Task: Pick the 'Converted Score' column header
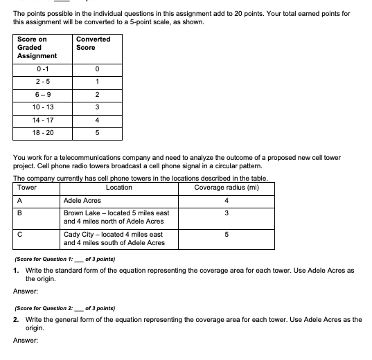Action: (94, 43)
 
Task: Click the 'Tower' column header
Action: (27, 188)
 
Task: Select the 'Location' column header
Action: (119, 188)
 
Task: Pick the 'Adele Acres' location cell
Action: (82, 201)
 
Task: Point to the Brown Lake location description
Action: (114, 217)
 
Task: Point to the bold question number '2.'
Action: (16, 316)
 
